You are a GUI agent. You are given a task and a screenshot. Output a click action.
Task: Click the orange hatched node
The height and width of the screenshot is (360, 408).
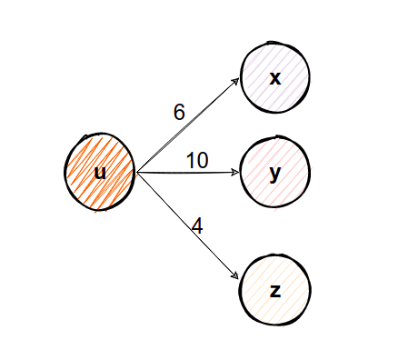point(100,171)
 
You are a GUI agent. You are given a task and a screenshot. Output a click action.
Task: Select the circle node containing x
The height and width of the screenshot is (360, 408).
point(275,77)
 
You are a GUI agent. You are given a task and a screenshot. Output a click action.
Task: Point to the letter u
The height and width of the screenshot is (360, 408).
point(100,172)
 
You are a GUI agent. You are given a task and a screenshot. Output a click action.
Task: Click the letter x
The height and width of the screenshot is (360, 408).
point(275,78)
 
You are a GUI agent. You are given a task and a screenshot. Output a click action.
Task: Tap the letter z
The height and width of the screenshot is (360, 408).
point(275,291)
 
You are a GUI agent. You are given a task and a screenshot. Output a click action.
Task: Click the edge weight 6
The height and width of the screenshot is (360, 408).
point(179,113)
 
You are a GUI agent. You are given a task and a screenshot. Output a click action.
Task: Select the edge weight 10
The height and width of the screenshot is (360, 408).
point(197,161)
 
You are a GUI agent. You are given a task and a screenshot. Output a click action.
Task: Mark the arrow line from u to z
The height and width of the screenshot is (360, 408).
point(186,224)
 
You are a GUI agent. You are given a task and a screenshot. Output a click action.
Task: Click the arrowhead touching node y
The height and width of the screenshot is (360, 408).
point(235,171)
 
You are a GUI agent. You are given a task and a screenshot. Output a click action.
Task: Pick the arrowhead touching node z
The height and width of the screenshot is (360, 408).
point(236,275)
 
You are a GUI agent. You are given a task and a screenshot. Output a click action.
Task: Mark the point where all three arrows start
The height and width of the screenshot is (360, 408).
point(136,171)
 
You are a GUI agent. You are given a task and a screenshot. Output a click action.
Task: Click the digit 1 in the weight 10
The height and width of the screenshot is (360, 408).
point(191,161)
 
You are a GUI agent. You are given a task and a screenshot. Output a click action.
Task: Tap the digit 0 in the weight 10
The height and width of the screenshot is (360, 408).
point(203,161)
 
